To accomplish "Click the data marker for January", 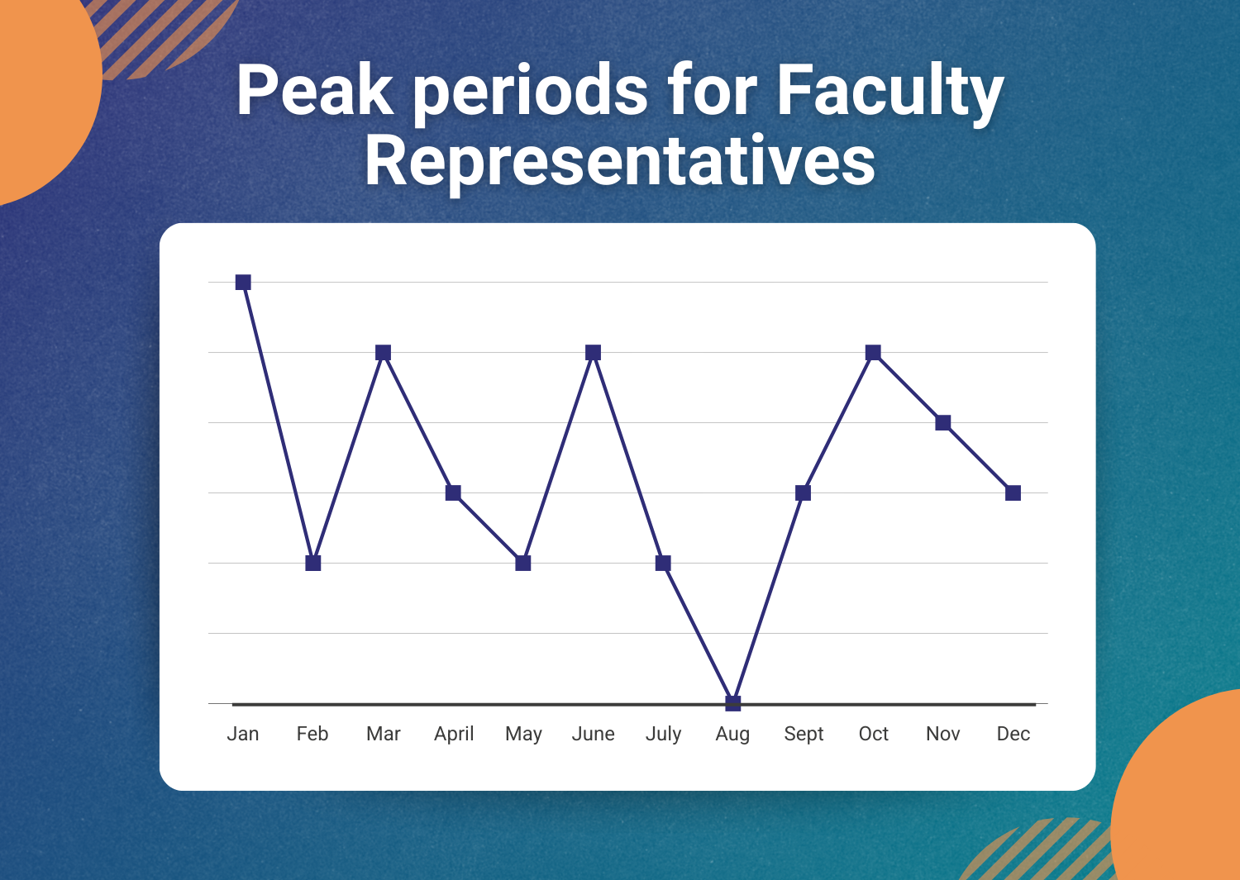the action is click(x=243, y=283).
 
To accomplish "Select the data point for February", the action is click(x=313, y=563).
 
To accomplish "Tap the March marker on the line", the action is click(x=383, y=353).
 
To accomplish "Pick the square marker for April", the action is click(x=453, y=492).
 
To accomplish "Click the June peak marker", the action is click(x=593, y=353).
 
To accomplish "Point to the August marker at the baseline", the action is click(x=733, y=703).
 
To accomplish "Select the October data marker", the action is click(x=873, y=353).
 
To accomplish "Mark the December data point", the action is click(x=1013, y=492).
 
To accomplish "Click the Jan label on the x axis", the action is click(x=243, y=734).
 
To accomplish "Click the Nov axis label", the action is click(x=942, y=734).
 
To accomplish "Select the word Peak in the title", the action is click(x=315, y=90).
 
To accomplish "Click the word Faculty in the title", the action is click(x=890, y=95).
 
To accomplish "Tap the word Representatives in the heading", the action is click(x=620, y=164).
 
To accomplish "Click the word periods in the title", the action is click(x=531, y=95).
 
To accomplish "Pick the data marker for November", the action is click(x=943, y=423).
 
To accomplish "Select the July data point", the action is click(x=663, y=563).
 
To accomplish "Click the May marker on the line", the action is click(x=523, y=563).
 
